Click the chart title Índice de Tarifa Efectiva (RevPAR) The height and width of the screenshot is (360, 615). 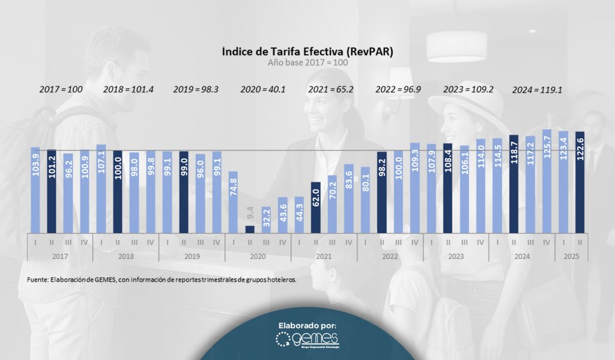tap(307, 52)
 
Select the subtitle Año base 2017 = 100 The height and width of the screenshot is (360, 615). tap(307, 62)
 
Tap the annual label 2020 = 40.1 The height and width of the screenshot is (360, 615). tap(262, 90)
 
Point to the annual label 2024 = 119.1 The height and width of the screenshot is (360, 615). tap(537, 90)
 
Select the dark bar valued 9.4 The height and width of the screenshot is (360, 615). tap(250, 229)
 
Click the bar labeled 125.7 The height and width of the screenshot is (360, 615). tap(547, 181)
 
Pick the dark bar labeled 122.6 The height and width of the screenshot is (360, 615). tap(580, 182)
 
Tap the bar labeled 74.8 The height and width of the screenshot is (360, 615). tap(233, 202)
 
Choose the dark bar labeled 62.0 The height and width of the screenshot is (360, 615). tap(315, 207)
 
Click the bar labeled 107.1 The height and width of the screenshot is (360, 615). tap(101, 189)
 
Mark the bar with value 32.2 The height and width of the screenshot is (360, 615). tap(266, 219)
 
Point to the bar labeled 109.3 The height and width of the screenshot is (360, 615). tap(414, 188)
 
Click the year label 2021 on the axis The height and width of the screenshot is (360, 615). tap(324, 255)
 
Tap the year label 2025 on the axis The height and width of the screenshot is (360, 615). tap(571, 255)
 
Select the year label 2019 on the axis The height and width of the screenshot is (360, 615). tap(192, 255)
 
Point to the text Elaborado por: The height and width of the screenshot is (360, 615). tap(307, 325)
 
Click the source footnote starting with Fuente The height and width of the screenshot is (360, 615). tap(162, 280)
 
